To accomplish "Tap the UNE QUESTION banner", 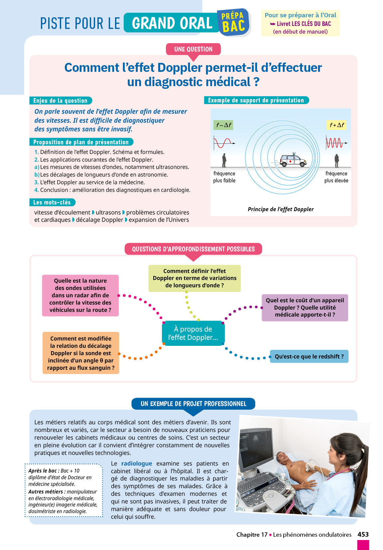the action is (x=193, y=49).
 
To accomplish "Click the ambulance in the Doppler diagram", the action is (x=293, y=160).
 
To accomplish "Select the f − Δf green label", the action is (x=223, y=125).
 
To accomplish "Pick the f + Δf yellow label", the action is (x=336, y=125).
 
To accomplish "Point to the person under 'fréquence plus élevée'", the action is (x=336, y=161).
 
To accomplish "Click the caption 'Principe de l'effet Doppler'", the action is (x=281, y=209).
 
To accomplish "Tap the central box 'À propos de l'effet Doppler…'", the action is (x=193, y=333).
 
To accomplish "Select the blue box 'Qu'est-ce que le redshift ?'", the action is (x=309, y=356).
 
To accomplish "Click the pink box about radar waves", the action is (x=80, y=295).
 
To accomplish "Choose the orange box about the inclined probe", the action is (x=81, y=353).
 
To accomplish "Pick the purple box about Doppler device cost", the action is (x=305, y=308).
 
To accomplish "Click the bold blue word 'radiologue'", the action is (x=137, y=463).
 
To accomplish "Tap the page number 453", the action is (x=363, y=534).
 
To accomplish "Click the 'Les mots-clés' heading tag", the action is (x=52, y=202).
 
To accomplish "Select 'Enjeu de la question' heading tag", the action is (x=61, y=100).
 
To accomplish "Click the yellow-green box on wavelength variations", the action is (x=194, y=278).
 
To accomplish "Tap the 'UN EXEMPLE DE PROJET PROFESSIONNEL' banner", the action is (x=193, y=404).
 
